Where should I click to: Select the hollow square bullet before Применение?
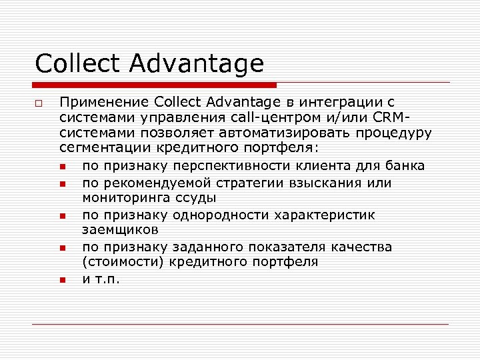coord(39,103)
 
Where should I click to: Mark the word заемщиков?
coord(121,230)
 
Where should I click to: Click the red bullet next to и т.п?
coord(61,280)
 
